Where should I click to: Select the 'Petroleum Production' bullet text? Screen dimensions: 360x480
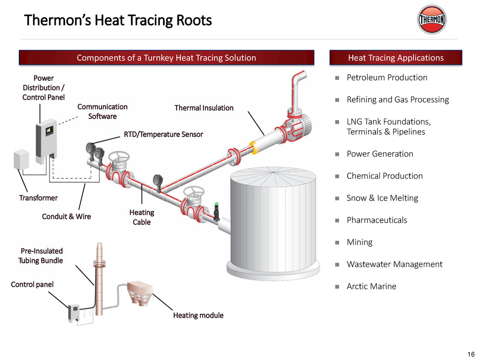pyautogui.click(x=387, y=78)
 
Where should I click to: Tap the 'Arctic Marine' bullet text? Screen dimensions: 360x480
pyautogui.click(x=371, y=286)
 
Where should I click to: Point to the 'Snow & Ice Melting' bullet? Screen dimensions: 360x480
pyautogui.click(x=382, y=198)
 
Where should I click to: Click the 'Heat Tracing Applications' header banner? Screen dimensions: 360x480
pyautogui.click(x=396, y=58)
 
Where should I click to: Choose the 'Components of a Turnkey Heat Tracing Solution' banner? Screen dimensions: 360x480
pyautogui.click(x=166, y=58)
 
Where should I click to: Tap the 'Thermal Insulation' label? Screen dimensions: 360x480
pyautogui.click(x=204, y=108)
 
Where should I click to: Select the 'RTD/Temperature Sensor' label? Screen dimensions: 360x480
pyautogui.click(x=163, y=134)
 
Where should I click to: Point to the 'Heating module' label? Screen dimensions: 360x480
pyautogui.click(x=198, y=315)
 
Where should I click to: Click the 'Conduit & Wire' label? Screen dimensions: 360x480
pyautogui.click(x=66, y=217)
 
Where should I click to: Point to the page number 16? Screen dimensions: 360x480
pyautogui.click(x=470, y=354)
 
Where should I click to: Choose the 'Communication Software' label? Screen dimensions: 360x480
pyautogui.click(x=102, y=111)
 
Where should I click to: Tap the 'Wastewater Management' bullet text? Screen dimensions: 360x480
pyautogui.click(x=395, y=265)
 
